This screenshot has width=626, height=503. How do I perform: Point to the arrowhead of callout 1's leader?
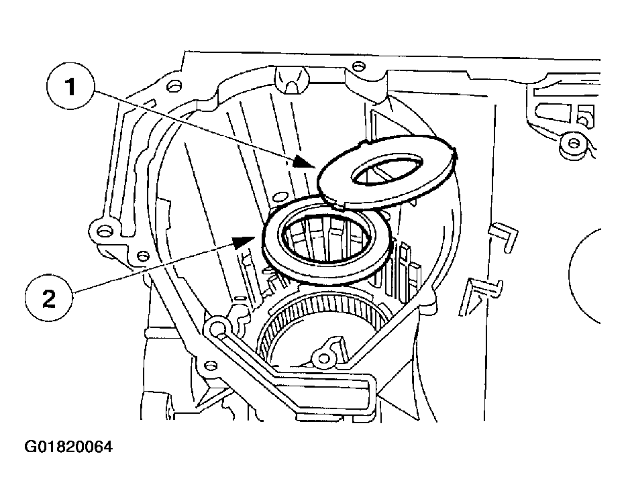coord(310,164)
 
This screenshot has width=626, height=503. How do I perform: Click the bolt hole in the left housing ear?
coord(103,232)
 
